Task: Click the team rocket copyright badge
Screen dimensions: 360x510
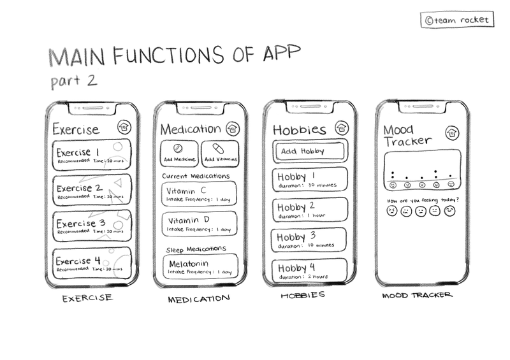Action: pyautogui.click(x=456, y=20)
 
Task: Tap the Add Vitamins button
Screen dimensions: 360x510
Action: pyautogui.click(x=220, y=153)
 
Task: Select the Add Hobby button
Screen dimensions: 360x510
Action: pyautogui.click(x=310, y=152)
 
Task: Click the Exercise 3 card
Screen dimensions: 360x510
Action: pyautogui.click(x=91, y=226)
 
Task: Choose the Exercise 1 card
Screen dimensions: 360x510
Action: pyautogui.click(x=91, y=155)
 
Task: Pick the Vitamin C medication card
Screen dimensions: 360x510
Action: pyautogui.click(x=199, y=193)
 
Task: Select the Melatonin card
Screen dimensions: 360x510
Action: pyautogui.click(x=199, y=266)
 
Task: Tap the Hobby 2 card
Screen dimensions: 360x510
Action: pyautogui.click(x=310, y=210)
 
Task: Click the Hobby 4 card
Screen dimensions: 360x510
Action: pyautogui.click(x=310, y=270)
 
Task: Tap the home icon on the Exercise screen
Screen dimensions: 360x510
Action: pyautogui.click(x=124, y=128)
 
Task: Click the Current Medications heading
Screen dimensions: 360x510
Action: pyautogui.click(x=196, y=175)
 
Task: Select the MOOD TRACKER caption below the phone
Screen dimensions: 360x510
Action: pyautogui.click(x=418, y=296)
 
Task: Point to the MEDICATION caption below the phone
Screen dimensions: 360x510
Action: pyautogui.click(x=198, y=299)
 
